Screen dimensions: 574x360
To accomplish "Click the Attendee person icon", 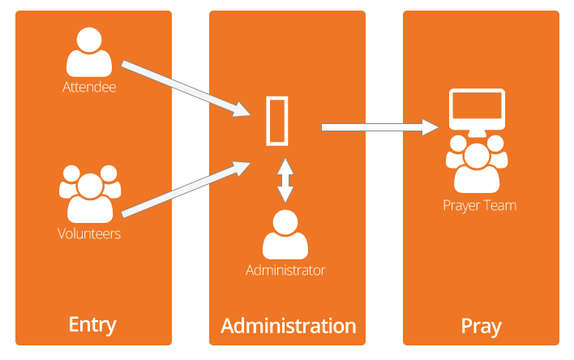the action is tap(89, 53).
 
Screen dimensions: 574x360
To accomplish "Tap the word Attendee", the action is tap(89, 87).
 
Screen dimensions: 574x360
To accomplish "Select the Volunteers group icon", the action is tap(90, 194).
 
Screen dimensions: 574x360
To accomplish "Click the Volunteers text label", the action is tap(89, 234).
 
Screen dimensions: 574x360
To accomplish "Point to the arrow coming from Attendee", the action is tap(186, 88).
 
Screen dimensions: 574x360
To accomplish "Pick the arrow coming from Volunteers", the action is tap(186, 190).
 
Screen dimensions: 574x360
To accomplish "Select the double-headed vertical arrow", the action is tap(285, 180).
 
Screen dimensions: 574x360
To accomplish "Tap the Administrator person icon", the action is tap(285, 234).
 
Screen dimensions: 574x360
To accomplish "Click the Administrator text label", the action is tap(285, 270).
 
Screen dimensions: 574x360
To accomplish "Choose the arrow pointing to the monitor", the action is tap(380, 127).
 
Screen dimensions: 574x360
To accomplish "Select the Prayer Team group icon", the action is tap(477, 164).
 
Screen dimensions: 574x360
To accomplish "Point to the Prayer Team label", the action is tap(480, 205).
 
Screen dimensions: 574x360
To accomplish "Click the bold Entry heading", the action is tap(92, 325).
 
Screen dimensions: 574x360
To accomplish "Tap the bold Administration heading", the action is tap(289, 326).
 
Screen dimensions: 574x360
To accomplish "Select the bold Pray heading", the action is tap(481, 327).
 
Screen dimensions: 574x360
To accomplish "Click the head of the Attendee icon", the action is tap(89, 40).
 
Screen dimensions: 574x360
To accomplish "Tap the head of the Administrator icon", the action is tap(285, 222).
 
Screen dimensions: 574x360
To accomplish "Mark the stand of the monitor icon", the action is tap(477, 133).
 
